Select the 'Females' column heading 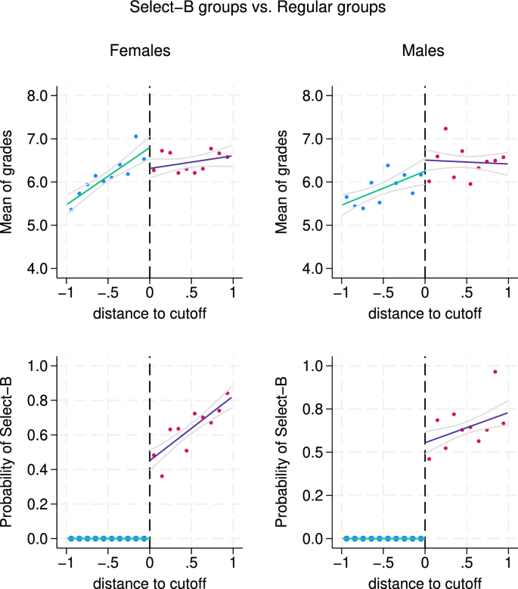[x=140, y=51]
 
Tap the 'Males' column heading [x=423, y=51]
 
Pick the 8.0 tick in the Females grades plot [x=38, y=95]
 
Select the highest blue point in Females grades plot [x=136, y=136]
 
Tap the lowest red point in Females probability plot [x=162, y=476]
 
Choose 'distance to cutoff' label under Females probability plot [x=149, y=583]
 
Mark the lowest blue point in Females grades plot [x=71, y=209]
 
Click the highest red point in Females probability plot [x=227, y=393]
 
